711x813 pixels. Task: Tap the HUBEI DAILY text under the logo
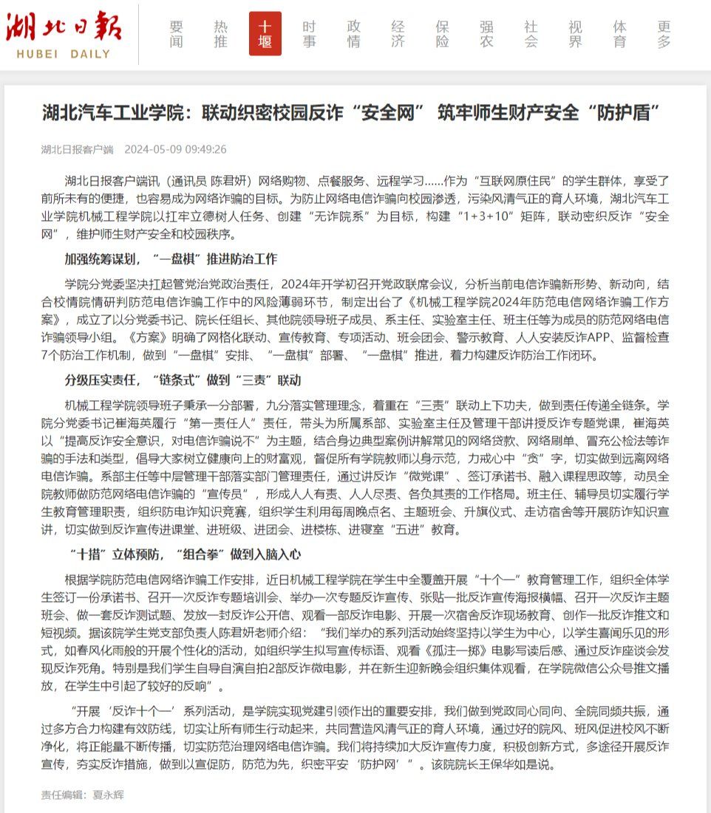(x=64, y=54)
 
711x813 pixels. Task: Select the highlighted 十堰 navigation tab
(x=265, y=34)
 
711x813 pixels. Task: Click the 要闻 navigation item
(x=176, y=34)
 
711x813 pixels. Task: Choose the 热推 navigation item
(x=220, y=34)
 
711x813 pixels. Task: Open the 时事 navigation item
(x=310, y=34)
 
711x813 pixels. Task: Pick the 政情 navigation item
(x=354, y=34)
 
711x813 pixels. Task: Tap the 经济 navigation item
(x=398, y=34)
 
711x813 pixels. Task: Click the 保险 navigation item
(x=443, y=34)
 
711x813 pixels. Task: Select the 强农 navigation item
(x=486, y=34)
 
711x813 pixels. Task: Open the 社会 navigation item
(x=531, y=34)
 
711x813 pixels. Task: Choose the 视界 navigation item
(x=575, y=34)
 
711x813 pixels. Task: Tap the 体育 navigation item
(x=620, y=34)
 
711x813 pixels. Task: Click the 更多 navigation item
(x=664, y=34)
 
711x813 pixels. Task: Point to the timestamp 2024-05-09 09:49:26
(x=175, y=149)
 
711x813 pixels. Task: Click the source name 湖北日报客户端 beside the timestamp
(x=77, y=149)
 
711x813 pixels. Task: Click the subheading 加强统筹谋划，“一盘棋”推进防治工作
(x=171, y=259)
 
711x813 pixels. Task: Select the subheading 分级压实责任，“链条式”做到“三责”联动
(x=183, y=380)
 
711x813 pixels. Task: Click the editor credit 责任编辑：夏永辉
(x=82, y=795)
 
